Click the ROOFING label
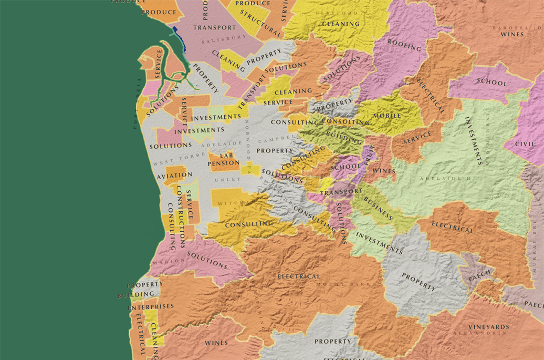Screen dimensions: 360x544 click(404, 45)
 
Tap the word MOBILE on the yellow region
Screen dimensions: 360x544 click(387, 116)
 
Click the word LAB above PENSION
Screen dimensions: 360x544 click(226, 156)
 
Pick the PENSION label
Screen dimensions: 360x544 click(224, 163)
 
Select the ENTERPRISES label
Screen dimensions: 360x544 click(151, 306)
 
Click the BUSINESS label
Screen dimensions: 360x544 click(378, 209)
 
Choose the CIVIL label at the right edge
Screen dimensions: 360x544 click(525, 143)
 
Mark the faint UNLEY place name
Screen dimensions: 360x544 click(228, 180)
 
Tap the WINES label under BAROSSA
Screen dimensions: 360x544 click(512, 34)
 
